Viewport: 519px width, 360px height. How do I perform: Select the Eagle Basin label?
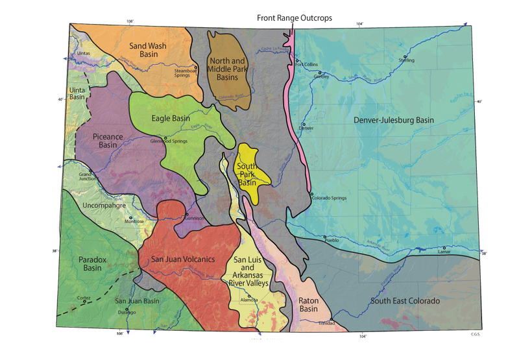tap(171, 118)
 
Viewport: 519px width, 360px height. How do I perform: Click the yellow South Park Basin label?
tap(247, 174)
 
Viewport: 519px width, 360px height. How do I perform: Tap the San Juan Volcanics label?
tap(182, 259)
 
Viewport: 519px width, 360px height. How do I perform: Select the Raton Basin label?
tap(312, 305)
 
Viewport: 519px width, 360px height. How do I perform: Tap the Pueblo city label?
tap(331, 240)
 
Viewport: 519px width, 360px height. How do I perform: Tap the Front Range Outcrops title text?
tap(294, 18)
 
